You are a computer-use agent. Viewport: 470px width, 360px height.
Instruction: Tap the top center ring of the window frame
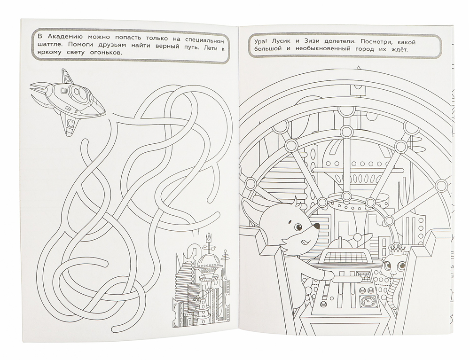tap(346, 131)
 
